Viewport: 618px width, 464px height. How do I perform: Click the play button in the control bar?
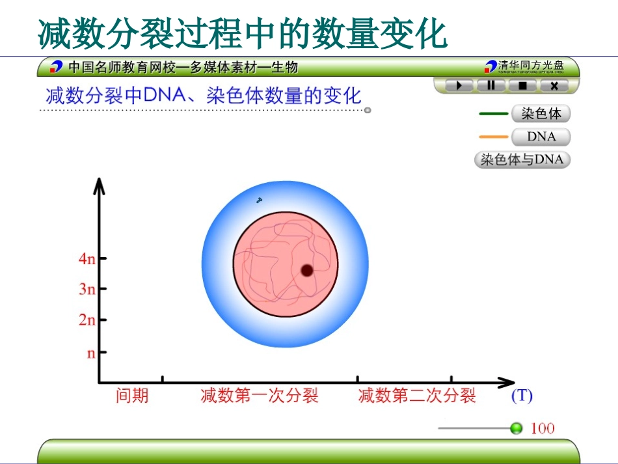(x=459, y=85)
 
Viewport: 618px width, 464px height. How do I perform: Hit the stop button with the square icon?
(x=522, y=85)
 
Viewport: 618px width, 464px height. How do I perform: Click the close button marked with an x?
(x=554, y=85)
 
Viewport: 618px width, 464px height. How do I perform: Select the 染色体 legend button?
(x=541, y=114)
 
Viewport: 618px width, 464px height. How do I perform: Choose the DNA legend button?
(x=541, y=137)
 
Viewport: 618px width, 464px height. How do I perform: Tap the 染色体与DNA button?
(x=522, y=159)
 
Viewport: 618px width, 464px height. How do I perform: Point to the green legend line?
(x=493, y=114)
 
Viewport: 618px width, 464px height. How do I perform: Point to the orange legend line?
(x=493, y=137)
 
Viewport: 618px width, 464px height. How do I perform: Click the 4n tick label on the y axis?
(x=87, y=259)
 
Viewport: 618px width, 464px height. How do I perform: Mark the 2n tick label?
(x=87, y=320)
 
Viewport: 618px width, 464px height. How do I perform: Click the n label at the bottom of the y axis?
(x=91, y=353)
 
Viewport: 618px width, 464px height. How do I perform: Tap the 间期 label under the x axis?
(x=132, y=396)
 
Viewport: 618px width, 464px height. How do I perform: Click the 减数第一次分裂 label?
(x=260, y=396)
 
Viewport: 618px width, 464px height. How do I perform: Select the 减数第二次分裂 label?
(x=417, y=396)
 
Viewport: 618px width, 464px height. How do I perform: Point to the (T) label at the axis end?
(x=522, y=395)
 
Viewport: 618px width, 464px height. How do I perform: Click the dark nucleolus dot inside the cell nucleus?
(x=307, y=270)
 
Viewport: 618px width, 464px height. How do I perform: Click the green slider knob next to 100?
(x=517, y=428)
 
